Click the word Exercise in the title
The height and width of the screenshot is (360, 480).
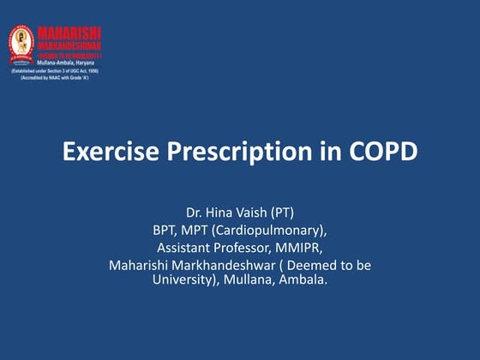(x=106, y=153)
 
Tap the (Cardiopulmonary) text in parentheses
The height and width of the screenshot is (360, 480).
(x=278, y=230)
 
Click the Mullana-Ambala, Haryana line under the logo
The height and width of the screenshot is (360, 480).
(x=65, y=63)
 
